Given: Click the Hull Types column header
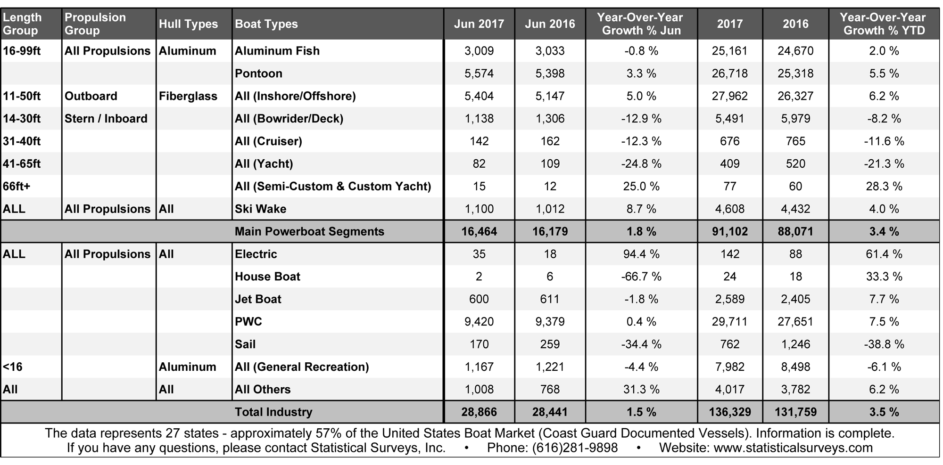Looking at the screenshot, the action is (188, 24).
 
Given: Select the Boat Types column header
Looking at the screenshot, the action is (266, 24).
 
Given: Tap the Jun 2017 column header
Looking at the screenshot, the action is (479, 24).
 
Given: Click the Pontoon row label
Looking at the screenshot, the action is (258, 73).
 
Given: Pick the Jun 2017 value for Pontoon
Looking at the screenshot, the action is (479, 73).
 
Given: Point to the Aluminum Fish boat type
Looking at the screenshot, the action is (277, 51).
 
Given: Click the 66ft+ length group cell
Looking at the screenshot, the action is (17, 186).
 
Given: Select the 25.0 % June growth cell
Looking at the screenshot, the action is (641, 186).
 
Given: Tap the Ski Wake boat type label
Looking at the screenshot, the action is (260, 209).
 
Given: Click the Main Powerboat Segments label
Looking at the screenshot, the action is (309, 231).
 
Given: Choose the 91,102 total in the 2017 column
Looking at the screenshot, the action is (729, 231).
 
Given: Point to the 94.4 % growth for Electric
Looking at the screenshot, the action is (641, 254).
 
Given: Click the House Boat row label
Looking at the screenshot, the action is (267, 277).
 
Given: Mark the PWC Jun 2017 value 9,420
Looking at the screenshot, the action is (479, 322).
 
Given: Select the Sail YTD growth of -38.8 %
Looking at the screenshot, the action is (884, 344).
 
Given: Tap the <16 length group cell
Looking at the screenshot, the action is (13, 367).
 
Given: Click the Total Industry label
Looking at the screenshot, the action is (273, 412).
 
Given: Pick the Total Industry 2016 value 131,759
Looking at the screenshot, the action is (795, 412).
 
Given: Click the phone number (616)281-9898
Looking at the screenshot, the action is (575, 448).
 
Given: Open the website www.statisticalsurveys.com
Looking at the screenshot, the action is (793, 448).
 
